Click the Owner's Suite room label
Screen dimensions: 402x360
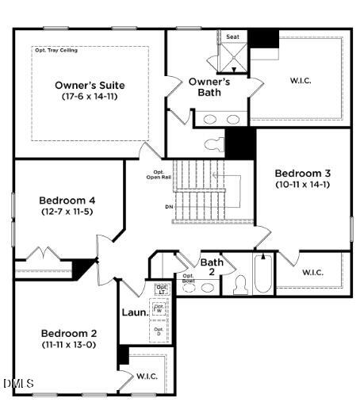(90, 85)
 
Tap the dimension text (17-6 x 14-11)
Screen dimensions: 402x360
(90, 96)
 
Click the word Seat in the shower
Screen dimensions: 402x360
(233, 36)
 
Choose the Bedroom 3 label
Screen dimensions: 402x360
(302, 173)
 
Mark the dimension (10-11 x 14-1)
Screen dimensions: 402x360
(302, 184)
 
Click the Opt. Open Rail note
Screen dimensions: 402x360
(155, 175)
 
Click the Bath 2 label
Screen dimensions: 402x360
(211, 267)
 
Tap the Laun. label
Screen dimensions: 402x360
(134, 312)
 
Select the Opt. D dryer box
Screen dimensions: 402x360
(159, 331)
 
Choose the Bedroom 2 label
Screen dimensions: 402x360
(68, 333)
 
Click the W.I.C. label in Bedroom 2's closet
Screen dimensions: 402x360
(147, 376)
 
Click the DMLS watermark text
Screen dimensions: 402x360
(18, 384)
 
